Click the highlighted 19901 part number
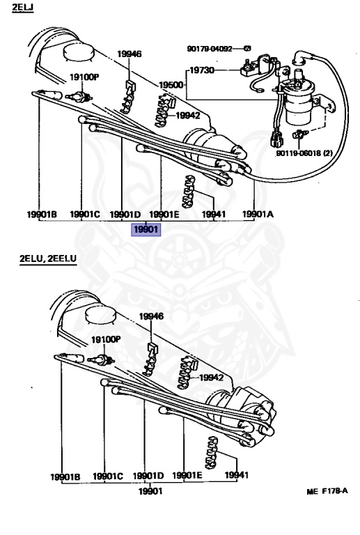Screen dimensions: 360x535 (x=146, y=229)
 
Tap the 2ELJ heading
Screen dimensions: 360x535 (x=22, y=7)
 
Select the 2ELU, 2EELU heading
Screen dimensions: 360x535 (x=48, y=258)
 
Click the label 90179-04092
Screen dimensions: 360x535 (x=210, y=49)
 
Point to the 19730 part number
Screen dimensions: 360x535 (x=202, y=70)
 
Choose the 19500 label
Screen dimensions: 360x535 (x=171, y=85)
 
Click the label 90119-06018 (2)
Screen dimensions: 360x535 (x=304, y=153)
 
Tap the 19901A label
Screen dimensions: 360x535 (x=258, y=215)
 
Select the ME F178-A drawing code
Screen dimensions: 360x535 (x=327, y=491)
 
